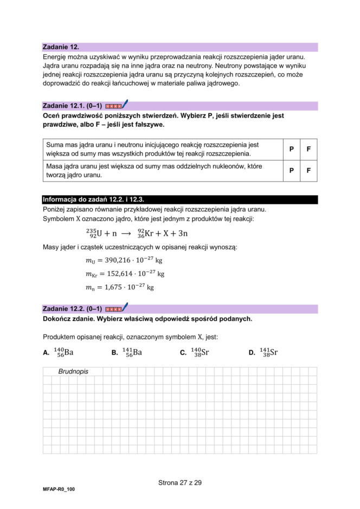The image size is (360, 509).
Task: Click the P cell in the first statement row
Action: pos(291,149)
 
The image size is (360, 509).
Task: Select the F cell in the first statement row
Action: pos(308,149)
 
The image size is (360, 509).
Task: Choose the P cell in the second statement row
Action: pos(291,171)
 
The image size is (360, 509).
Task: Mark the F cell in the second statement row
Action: pos(308,171)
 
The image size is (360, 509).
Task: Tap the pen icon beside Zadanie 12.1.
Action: pos(124,104)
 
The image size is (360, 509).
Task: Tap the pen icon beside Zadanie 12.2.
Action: pos(124,307)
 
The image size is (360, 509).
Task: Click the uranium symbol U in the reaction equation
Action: pos(99,234)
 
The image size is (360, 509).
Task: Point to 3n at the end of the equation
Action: pos(183,234)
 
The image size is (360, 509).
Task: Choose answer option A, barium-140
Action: pos(64,352)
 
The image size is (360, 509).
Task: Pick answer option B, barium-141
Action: pos(132,352)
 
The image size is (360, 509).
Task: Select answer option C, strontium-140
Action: pos(201,352)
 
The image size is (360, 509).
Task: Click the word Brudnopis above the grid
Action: pos(73,372)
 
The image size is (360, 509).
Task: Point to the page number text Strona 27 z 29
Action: pos(180,482)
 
